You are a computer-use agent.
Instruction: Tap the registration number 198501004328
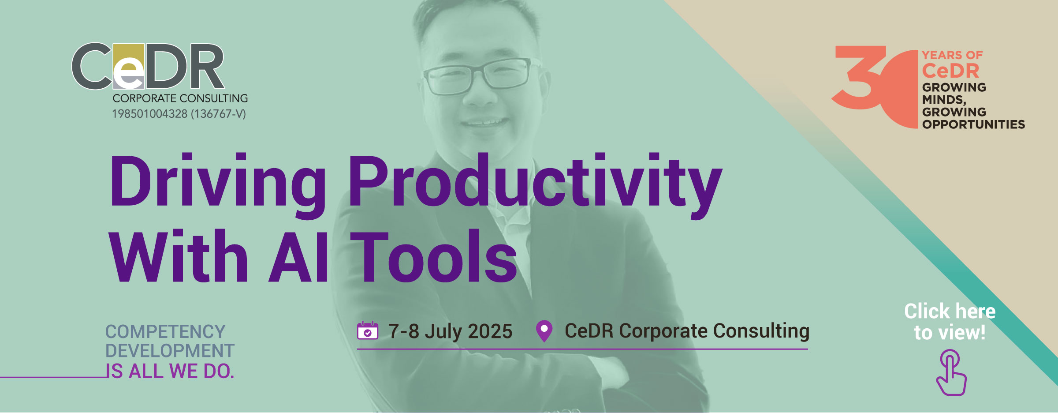(150, 114)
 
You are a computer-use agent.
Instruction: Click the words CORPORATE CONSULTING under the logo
(180, 98)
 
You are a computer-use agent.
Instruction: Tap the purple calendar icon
(368, 330)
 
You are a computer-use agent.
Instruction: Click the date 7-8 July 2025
(450, 331)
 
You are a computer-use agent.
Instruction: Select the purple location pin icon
(544, 331)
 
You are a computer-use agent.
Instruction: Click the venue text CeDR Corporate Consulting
(687, 331)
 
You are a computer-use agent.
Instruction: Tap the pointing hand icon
(951, 373)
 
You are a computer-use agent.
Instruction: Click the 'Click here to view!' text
(950, 322)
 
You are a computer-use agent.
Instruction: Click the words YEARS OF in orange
(952, 55)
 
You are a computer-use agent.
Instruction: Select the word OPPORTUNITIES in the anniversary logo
(973, 124)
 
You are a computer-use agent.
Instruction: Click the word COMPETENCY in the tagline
(165, 332)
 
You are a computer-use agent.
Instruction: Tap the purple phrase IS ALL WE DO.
(170, 371)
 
